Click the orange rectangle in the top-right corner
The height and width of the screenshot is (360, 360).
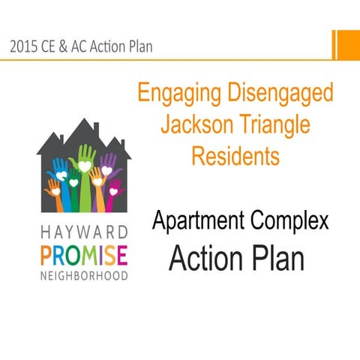coord(346,45)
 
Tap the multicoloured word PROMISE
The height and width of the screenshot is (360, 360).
coord(82,253)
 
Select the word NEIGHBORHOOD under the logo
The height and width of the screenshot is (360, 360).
coord(82,273)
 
